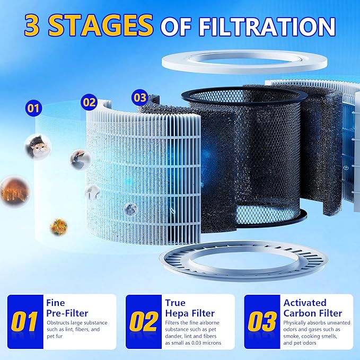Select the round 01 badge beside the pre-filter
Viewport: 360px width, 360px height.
(33, 109)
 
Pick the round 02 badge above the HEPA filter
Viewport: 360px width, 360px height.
(90, 102)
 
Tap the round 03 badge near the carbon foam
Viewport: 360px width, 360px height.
(139, 98)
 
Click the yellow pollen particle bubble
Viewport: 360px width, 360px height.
(58, 226)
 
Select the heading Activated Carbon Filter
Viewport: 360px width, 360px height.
(312, 308)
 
